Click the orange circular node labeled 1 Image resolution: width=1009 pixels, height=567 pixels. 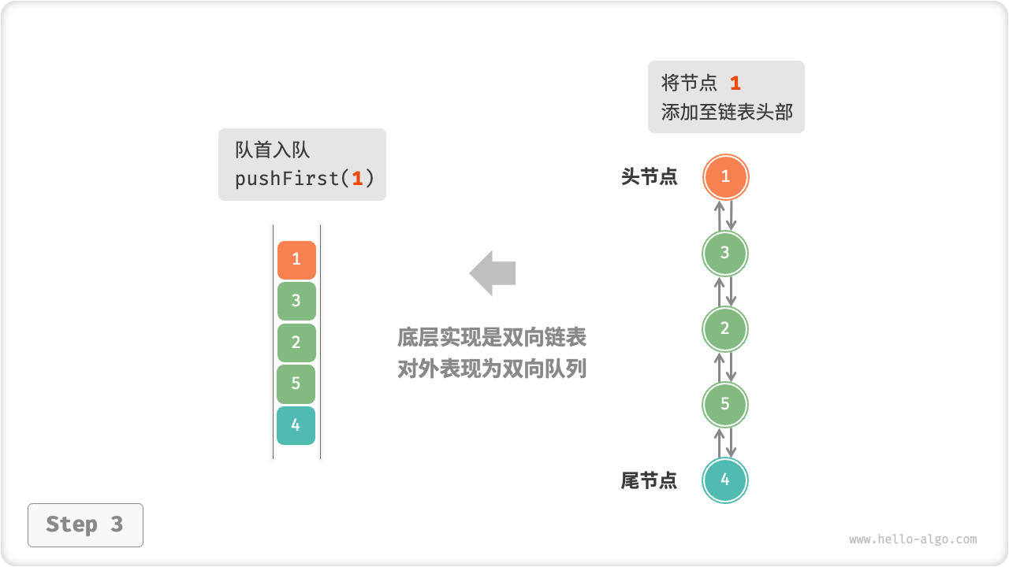[x=725, y=177]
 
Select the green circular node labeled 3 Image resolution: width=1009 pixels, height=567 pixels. [x=725, y=253]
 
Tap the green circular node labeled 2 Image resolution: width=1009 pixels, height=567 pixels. [x=725, y=328]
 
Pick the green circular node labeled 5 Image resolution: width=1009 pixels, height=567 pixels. [x=725, y=404]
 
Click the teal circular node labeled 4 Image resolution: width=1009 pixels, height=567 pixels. [x=725, y=480]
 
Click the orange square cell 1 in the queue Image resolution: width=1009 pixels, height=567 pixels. [x=296, y=260]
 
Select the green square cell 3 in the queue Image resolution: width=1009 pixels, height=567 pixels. [x=296, y=301]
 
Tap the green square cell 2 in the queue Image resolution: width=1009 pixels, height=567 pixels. [x=296, y=343]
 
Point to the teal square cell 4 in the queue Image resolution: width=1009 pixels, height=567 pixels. [x=296, y=426]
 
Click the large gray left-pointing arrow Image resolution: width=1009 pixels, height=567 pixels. [x=493, y=273]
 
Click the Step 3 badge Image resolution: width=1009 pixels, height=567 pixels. [x=85, y=524]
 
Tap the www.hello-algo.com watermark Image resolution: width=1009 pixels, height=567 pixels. [x=913, y=539]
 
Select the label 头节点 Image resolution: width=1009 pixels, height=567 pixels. [x=649, y=177]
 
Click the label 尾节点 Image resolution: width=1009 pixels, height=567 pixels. [x=649, y=480]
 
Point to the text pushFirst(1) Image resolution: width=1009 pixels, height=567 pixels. [x=304, y=179]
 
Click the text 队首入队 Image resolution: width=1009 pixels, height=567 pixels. [x=273, y=150]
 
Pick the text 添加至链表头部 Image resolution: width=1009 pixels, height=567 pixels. [x=727, y=112]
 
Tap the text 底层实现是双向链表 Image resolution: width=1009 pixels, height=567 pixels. [x=492, y=338]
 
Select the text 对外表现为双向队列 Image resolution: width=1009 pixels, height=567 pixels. [x=492, y=369]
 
